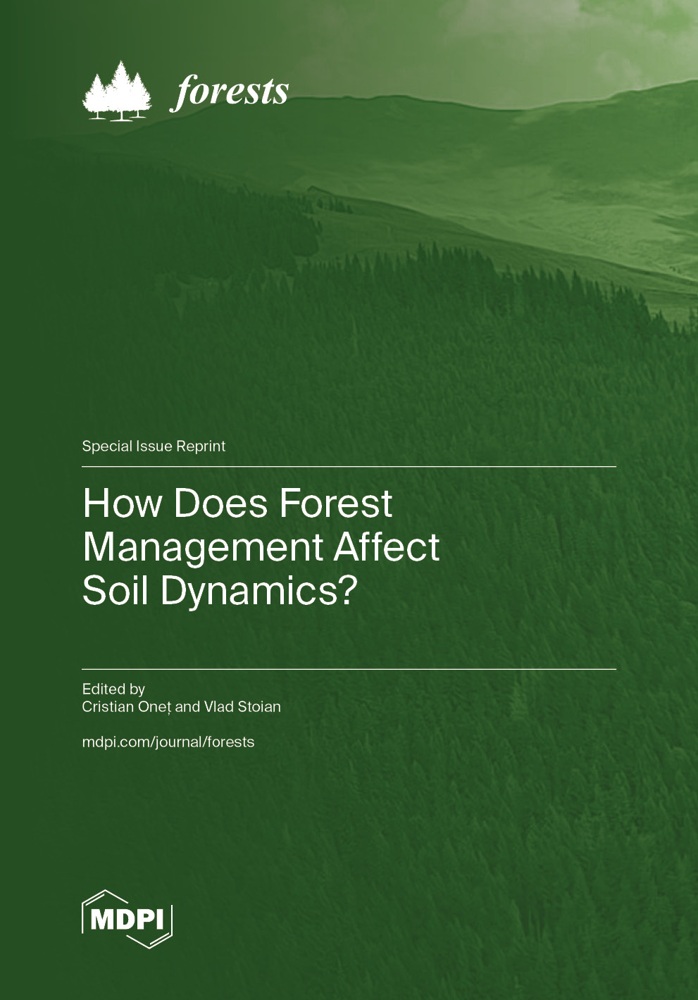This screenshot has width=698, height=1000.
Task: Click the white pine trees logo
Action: tap(117, 92)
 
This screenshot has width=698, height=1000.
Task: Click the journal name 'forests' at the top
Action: tap(230, 92)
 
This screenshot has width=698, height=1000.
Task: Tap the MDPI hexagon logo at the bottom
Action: tap(127, 919)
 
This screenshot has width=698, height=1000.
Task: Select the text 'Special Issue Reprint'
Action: tap(154, 446)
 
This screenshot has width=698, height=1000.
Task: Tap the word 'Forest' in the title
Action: tap(336, 504)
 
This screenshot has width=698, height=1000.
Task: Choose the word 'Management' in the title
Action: tap(203, 547)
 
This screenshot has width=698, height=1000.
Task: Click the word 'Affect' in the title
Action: tap(387, 547)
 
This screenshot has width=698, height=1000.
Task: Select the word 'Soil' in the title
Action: tap(116, 590)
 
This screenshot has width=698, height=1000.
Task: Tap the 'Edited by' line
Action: tap(113, 689)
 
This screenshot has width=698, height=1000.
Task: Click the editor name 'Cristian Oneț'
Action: tap(126, 707)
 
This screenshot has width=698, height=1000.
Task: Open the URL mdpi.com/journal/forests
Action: tap(168, 742)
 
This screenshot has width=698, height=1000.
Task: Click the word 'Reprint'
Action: tap(201, 446)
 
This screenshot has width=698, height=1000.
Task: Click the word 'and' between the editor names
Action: tap(187, 707)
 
